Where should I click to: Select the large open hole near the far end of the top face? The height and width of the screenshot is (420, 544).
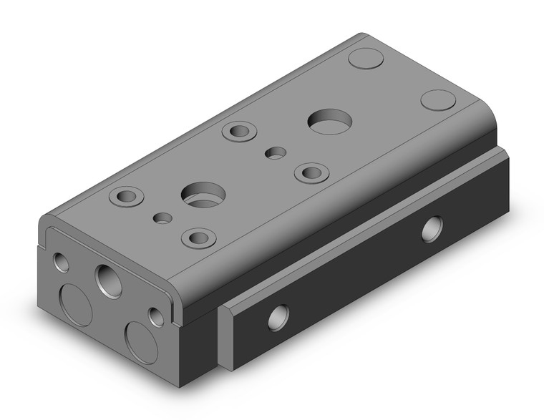(328, 119)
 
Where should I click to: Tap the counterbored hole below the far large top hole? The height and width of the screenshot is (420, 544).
(311, 172)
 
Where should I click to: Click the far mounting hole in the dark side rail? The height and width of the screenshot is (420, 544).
(432, 228)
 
